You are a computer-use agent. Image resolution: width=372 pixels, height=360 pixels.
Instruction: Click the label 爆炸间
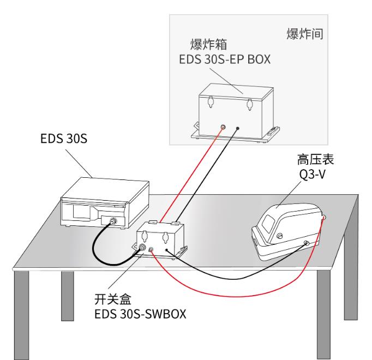[x=305, y=35]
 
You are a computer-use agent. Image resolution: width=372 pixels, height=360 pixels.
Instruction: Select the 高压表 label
[x=311, y=159]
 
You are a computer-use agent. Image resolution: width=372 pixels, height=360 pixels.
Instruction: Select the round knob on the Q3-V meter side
[x=279, y=236]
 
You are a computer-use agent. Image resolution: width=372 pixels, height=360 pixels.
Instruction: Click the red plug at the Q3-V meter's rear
[x=324, y=218]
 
